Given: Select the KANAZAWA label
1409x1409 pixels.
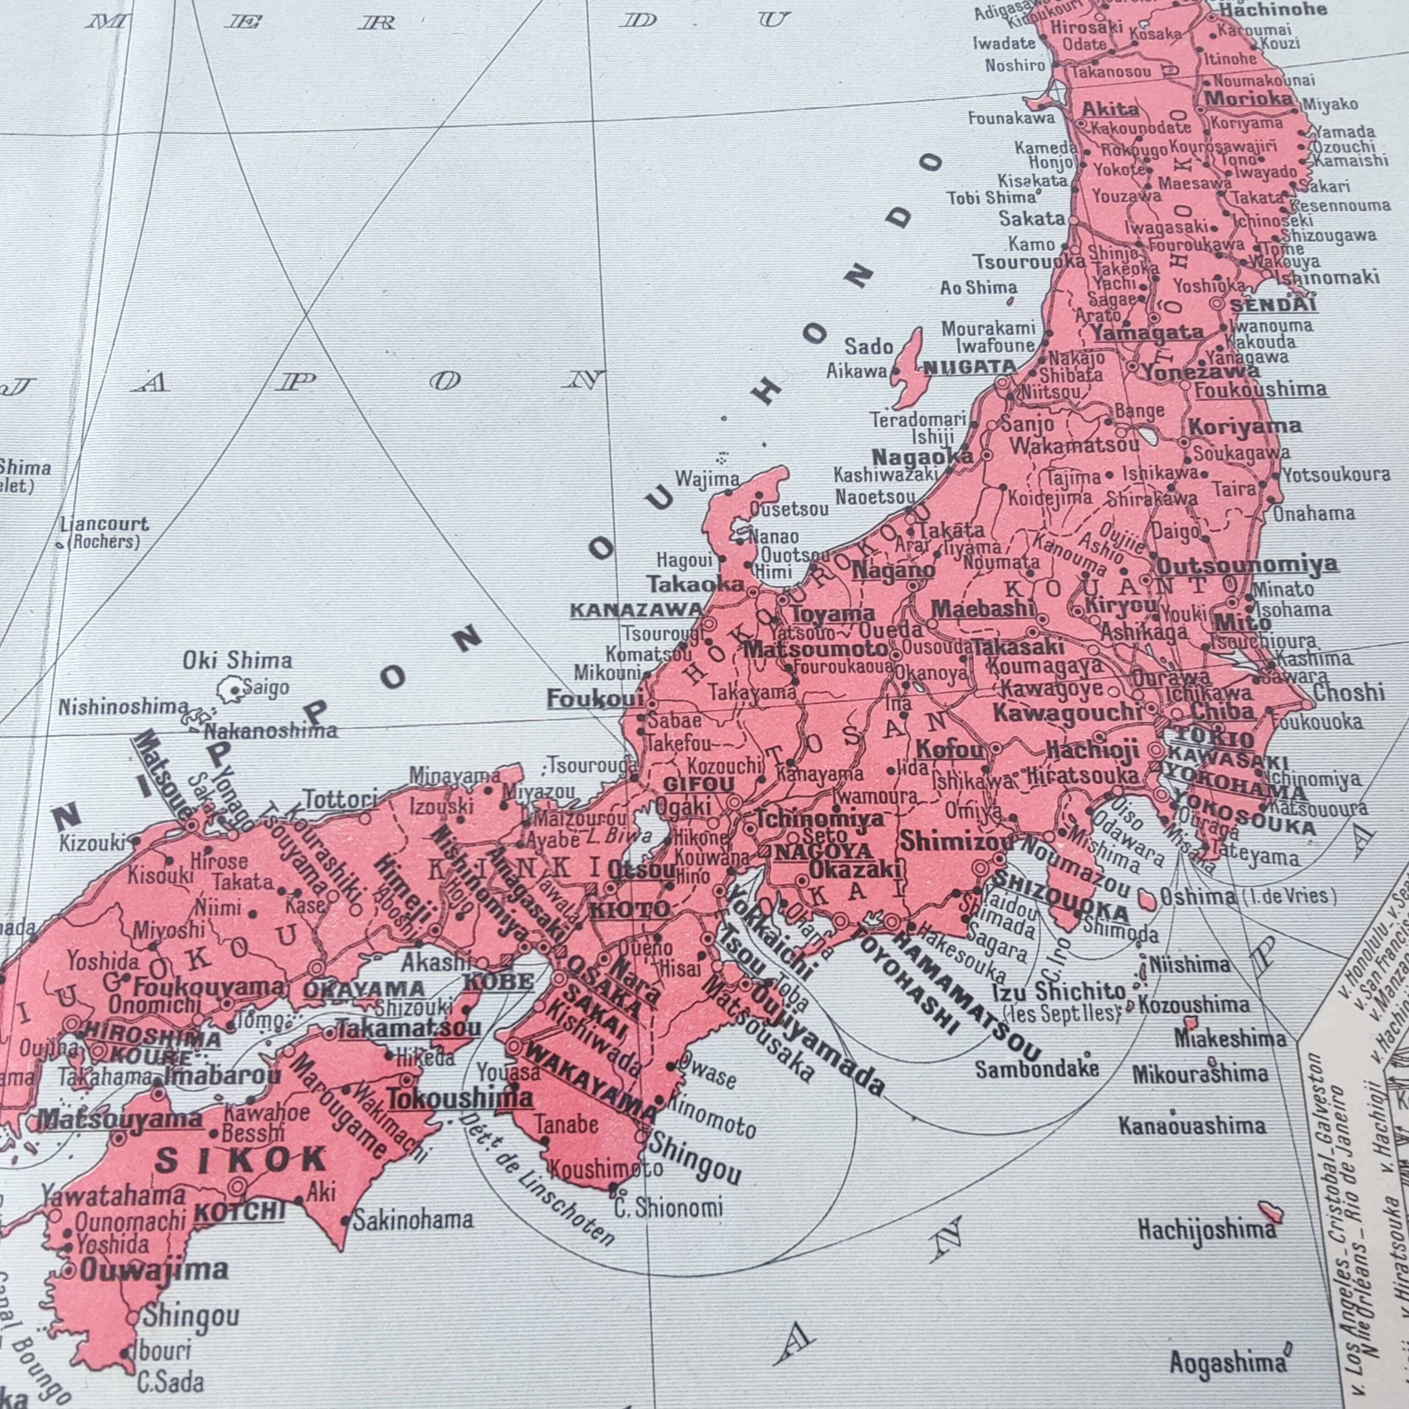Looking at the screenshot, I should point(636,610).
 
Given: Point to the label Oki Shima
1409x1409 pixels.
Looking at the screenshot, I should point(237,661).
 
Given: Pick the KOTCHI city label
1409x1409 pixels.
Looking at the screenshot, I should point(239,1211).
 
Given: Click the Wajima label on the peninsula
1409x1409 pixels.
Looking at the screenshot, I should point(707,479).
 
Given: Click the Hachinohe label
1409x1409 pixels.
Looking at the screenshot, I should point(1273,10).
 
